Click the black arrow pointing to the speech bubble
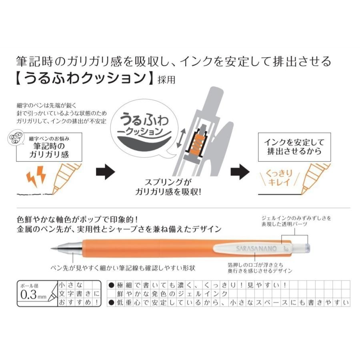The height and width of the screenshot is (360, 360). (x=106, y=172)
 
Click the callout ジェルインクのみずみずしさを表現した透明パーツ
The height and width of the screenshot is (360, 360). (x=295, y=222)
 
